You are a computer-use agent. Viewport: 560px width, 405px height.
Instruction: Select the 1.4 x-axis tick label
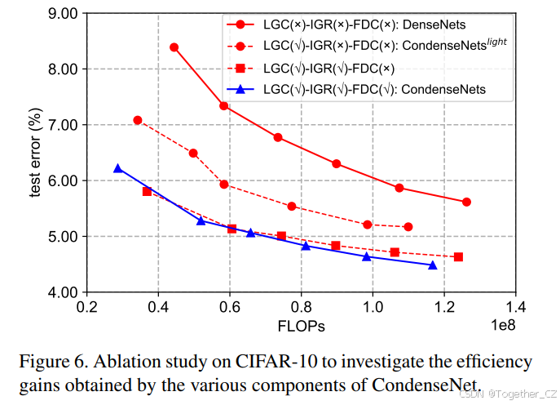click(x=515, y=309)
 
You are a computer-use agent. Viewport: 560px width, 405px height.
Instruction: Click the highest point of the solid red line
click(x=174, y=47)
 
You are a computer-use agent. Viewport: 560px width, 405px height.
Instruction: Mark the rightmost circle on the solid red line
click(x=466, y=202)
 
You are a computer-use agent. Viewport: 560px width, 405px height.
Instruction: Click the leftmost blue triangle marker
click(x=118, y=168)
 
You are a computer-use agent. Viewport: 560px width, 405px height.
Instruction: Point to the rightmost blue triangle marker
click(x=432, y=265)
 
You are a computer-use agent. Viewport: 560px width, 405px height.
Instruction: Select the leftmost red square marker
click(x=147, y=191)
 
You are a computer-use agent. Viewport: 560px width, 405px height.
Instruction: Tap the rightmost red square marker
click(x=458, y=257)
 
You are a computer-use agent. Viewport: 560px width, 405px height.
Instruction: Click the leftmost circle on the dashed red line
click(x=138, y=120)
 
